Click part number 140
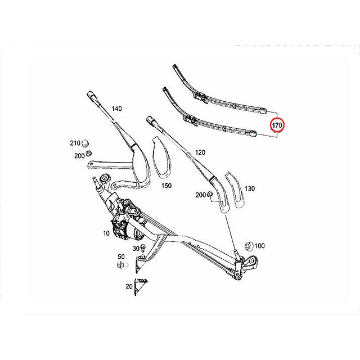click(x=116, y=108)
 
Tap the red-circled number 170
click(x=277, y=125)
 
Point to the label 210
click(x=75, y=143)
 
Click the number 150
click(x=166, y=184)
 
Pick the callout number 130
click(x=250, y=189)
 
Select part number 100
click(x=259, y=246)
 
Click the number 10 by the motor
click(x=106, y=232)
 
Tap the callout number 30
click(x=136, y=248)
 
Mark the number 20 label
click(x=128, y=286)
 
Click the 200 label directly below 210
click(x=79, y=155)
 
